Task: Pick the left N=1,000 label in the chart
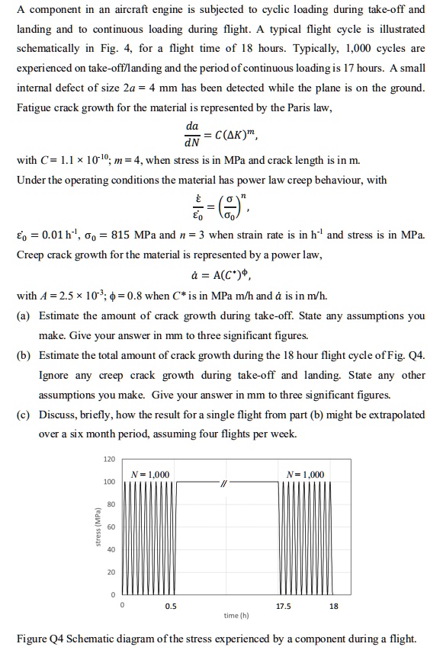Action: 151,475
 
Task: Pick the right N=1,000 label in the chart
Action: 303,475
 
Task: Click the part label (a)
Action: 24,315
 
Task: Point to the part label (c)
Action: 24,415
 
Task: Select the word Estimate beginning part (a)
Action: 59,315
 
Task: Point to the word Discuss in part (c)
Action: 58,415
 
